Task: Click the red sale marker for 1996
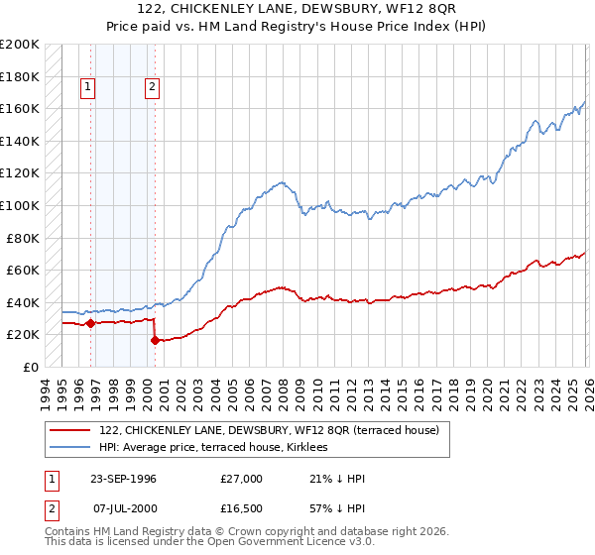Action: pos(90,323)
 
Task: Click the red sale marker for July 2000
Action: pos(155,340)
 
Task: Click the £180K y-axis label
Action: pos(21,76)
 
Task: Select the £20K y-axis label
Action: pos(24,335)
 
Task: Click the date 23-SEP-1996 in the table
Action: pos(124,479)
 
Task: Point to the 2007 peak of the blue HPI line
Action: pos(283,182)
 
